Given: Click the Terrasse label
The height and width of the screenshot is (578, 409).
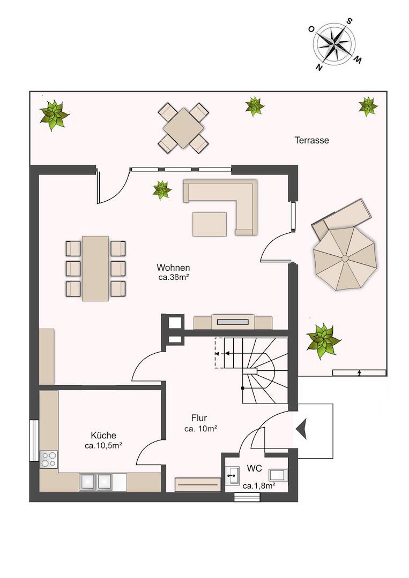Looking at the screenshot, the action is coord(311,140).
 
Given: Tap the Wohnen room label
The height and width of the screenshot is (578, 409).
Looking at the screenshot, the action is coord(173,268).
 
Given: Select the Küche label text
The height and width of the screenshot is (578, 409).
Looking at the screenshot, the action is coord(103,435).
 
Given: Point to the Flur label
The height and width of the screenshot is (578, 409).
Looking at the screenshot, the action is coord(199,418).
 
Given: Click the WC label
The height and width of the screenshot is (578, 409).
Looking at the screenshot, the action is coord(254,468).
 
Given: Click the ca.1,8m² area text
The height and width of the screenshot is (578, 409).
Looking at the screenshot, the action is coord(259,486).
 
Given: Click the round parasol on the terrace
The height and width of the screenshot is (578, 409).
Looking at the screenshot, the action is coord(345,258).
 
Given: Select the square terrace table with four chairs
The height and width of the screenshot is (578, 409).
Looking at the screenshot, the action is coord(183,127).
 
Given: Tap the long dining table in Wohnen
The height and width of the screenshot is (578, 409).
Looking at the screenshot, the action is coord(95,268).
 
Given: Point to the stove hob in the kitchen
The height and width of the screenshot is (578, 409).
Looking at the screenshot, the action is coord(49,459).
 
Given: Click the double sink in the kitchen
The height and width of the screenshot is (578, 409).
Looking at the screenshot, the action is coord(95,482).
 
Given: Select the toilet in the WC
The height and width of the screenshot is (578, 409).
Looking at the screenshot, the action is coord(278,475).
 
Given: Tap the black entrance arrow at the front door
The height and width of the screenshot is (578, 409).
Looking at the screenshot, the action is coord(301,429).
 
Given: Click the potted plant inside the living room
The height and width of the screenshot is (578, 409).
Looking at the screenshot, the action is coord(162,190).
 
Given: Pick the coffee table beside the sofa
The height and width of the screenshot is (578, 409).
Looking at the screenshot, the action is coord(209,224).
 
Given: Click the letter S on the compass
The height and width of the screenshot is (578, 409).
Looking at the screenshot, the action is coord(349,21).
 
